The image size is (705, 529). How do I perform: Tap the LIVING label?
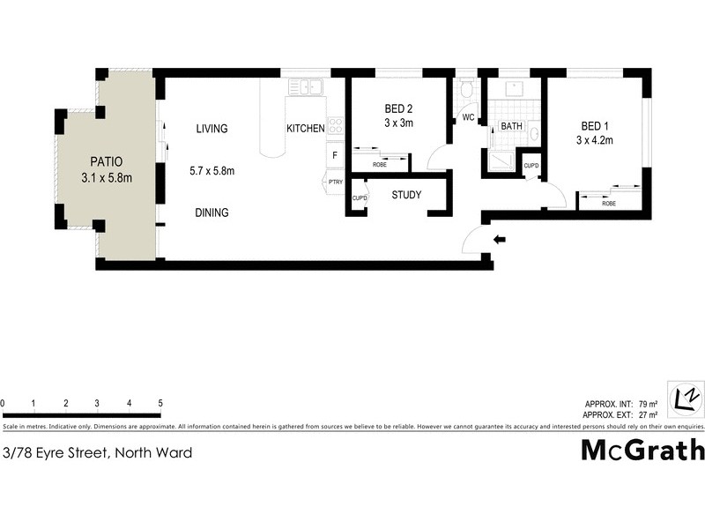[211, 129]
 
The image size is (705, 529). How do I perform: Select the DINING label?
[211, 212]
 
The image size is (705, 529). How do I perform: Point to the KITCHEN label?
[305, 129]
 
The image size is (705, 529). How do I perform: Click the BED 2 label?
[398, 109]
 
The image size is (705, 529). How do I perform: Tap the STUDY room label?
[406, 196]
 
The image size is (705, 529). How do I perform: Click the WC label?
[468, 117]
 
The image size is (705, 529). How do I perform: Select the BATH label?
[511, 127]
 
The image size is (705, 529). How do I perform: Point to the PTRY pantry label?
[335, 183]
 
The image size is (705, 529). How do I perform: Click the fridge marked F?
[335, 156]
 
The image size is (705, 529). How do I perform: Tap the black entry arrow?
[500, 239]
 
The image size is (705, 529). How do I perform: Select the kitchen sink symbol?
[308, 87]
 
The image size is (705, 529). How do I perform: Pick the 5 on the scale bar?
[160, 404]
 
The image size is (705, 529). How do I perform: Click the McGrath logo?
[642, 450]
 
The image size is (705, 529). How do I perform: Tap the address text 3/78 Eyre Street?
[97, 453]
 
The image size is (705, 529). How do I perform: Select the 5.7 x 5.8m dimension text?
[211, 171]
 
